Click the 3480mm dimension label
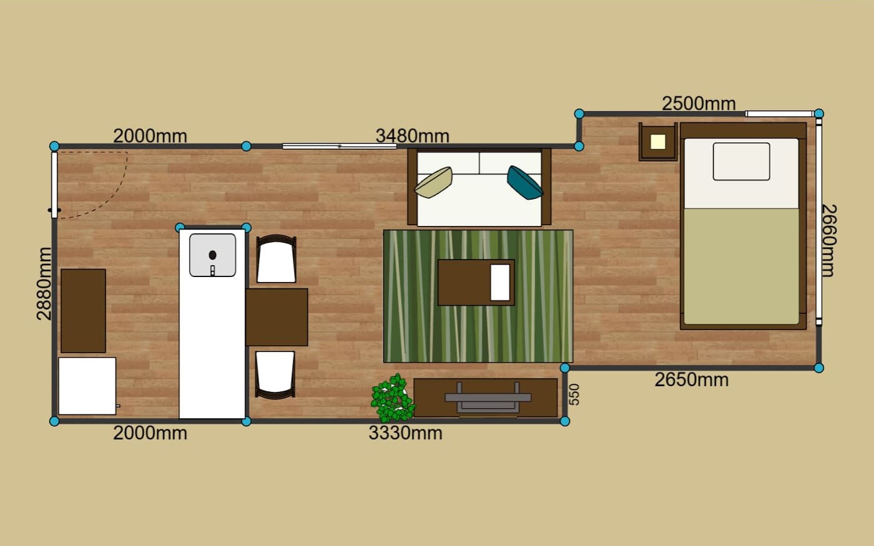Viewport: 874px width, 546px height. pos(413,136)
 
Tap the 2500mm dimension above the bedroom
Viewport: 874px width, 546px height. pos(699,104)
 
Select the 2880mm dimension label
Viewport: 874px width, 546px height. pos(44,284)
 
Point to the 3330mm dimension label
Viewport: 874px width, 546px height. pos(405,433)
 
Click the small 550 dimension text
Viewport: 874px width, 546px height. pos(574,394)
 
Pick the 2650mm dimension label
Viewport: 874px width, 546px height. pos(692,380)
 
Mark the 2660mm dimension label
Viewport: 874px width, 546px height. pos(828,241)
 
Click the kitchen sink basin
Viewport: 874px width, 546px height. pos(213,255)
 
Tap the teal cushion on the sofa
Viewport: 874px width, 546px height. pos(525,182)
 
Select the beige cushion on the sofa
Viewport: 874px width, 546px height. pos(433,182)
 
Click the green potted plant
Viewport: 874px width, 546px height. pos(393,398)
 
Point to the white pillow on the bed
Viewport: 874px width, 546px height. pos(742,162)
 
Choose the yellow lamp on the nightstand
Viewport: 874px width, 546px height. pos(658,142)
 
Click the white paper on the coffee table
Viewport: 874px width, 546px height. pos(500,283)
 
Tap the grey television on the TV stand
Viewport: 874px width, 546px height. pos(488,397)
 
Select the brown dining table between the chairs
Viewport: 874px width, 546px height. pos(277,317)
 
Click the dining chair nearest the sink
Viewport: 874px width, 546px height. pos(276,258)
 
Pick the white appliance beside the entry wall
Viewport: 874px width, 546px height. pos(87,386)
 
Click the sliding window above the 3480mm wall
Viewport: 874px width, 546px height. pos(340,146)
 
